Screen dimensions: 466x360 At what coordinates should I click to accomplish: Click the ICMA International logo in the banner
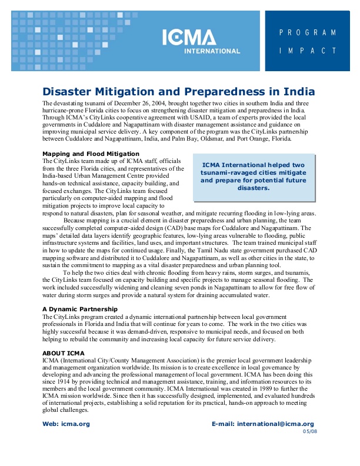click(x=201, y=41)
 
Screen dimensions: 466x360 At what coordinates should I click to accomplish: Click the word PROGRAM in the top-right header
click(x=308, y=32)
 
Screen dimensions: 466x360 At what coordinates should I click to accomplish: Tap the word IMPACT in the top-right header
click(x=308, y=51)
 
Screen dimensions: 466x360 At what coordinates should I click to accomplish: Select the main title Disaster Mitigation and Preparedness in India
click(x=178, y=92)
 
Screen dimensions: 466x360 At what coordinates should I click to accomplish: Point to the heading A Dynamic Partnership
click(x=80, y=309)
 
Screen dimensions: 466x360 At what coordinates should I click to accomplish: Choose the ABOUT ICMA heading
click(x=64, y=353)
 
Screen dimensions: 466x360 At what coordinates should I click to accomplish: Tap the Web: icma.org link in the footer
click(x=66, y=424)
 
